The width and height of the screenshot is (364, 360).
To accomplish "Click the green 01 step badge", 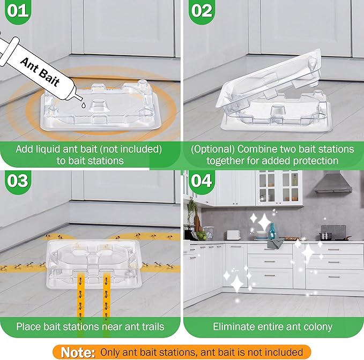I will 18,11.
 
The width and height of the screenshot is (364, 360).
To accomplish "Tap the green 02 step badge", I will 201,11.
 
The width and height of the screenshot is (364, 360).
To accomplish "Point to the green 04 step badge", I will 202,180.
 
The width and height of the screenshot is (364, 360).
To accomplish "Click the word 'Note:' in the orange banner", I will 78,352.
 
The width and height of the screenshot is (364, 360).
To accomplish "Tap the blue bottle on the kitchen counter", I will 272,232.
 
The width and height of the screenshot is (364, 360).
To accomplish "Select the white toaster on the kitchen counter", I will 233,235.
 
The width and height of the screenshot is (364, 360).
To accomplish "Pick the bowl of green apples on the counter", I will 200,236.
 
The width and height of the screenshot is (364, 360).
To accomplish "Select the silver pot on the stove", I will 326,236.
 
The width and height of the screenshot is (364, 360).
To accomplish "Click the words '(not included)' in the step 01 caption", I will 129,149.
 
